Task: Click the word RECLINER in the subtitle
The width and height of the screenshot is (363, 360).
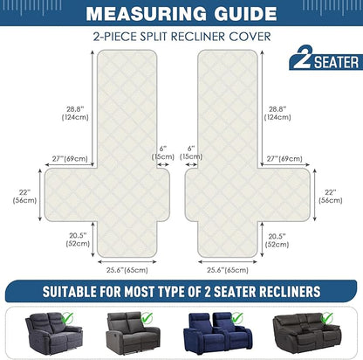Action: pos(198,37)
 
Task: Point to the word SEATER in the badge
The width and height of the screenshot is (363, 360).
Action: pos(337,62)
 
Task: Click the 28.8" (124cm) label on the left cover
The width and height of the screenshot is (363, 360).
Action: pos(75,114)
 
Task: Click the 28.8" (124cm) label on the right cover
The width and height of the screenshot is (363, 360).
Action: pos(277,114)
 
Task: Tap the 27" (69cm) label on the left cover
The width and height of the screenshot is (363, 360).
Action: pos(70,159)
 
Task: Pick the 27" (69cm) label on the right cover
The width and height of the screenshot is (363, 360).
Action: pos(284,159)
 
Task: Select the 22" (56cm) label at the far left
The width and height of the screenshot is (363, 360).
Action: pos(24,197)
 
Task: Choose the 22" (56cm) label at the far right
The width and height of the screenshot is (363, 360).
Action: pos(331,197)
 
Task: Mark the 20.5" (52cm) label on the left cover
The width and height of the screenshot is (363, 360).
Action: pos(78,239)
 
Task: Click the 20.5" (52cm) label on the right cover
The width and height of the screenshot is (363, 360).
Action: pos(277,240)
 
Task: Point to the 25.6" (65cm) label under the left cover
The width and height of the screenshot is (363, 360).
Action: pos(127,270)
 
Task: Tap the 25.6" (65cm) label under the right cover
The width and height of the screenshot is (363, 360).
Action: pos(228,270)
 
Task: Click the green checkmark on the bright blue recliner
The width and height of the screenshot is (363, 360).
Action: pos(237,318)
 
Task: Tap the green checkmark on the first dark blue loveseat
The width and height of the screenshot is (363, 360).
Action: pos(67,318)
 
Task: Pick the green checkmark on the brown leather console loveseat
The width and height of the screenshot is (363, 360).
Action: pos(327,318)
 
